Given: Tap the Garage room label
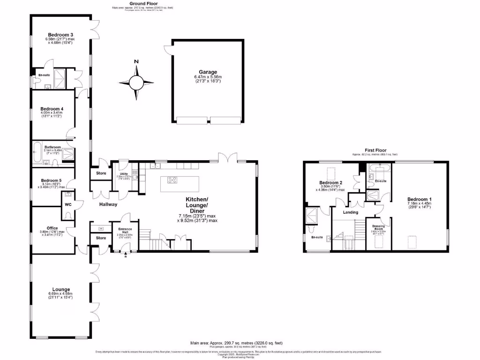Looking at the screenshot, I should point(208,72).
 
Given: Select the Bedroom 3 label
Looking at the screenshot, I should point(62,35).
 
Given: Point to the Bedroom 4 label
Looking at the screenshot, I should point(52,109).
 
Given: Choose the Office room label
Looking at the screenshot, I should point(49,228).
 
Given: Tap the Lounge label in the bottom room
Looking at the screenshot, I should point(61,289).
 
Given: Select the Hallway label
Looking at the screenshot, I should point(108,204).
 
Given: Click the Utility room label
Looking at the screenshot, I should point(124,174).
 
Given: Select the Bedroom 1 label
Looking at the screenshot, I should point(419,199).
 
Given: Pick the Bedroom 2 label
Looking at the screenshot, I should point(331,182).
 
